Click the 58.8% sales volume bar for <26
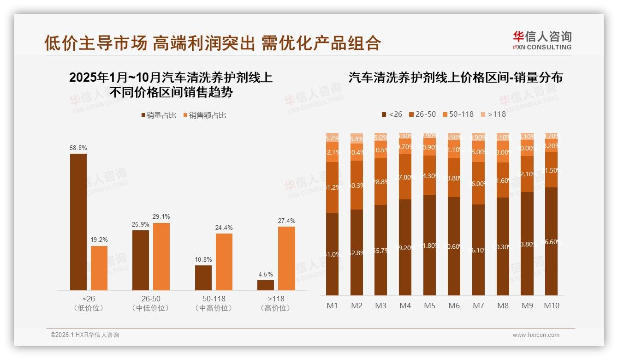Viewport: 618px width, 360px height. [78, 222]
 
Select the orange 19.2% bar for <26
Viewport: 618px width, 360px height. [99, 268]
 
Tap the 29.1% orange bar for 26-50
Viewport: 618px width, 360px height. [161, 257]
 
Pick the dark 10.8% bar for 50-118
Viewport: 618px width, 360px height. [203, 278]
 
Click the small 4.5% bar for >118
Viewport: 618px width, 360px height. [266, 285]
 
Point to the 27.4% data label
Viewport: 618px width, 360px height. [286, 221]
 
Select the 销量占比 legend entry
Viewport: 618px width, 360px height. [159, 115]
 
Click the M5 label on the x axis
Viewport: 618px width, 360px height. [429, 306]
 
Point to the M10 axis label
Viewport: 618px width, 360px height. [552, 306]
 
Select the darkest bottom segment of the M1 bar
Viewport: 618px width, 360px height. [333, 254]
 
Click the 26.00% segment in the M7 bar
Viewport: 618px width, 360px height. [479, 183]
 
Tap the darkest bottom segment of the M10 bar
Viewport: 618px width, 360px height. [552, 241]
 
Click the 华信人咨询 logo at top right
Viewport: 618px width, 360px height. [542, 40]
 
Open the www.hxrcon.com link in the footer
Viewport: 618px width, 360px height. [536, 335]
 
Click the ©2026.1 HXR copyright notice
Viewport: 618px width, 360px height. [85, 335]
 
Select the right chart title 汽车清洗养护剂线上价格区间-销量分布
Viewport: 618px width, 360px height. [455, 78]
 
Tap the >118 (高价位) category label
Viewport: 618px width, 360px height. [276, 303]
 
